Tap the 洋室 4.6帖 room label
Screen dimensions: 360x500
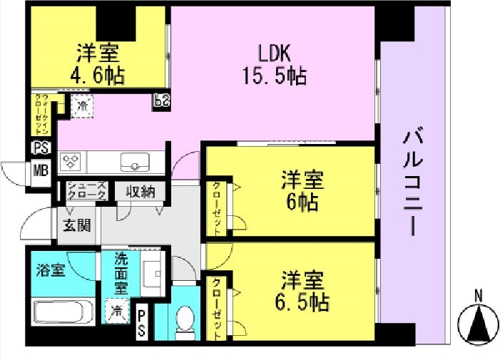click(99, 64)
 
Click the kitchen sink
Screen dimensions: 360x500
click(133, 162)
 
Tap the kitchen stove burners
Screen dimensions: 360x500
click(73, 162)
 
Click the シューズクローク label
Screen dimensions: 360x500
click(87, 191)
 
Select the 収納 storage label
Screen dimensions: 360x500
click(141, 192)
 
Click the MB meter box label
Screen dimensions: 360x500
click(40, 170)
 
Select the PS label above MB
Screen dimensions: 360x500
click(40, 148)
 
